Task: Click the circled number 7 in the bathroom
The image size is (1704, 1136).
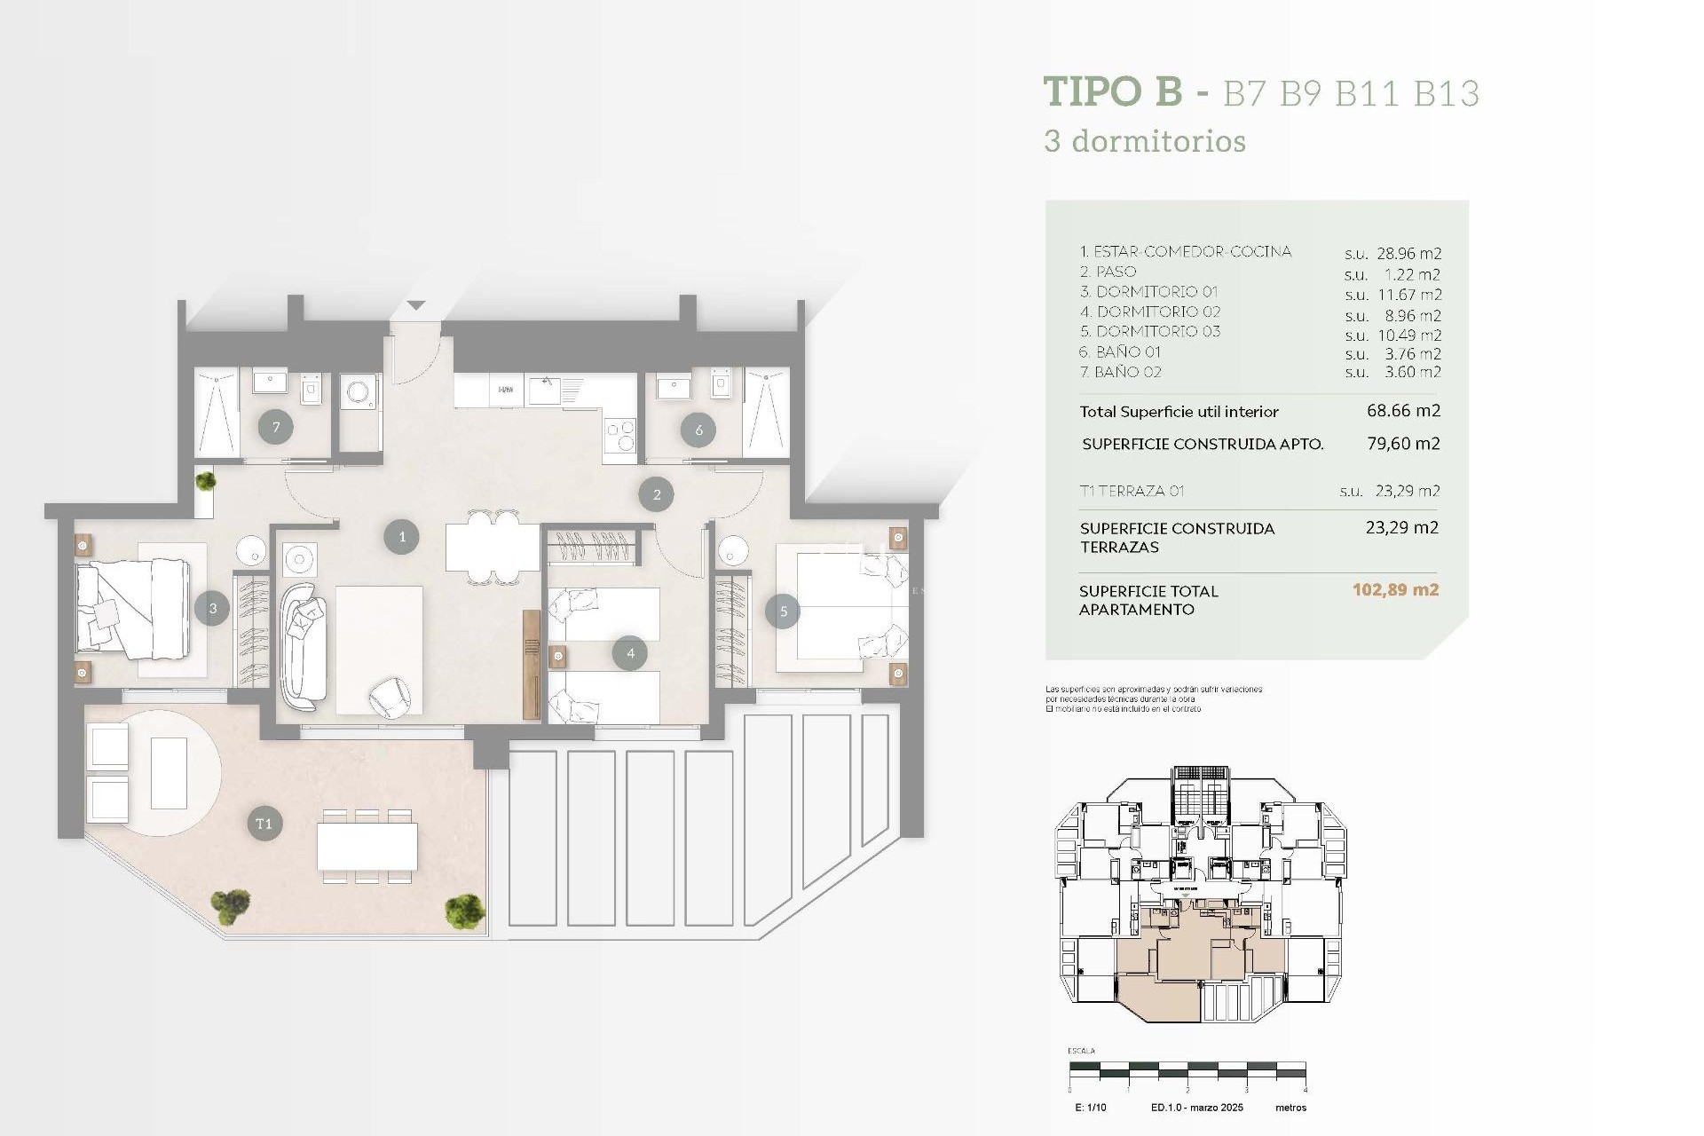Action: [x=276, y=428]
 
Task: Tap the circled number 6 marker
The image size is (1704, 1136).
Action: [x=698, y=430]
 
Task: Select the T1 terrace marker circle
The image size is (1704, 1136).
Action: [x=264, y=824]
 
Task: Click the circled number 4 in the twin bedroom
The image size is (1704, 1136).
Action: [x=630, y=653]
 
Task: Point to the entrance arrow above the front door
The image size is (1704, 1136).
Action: [x=416, y=305]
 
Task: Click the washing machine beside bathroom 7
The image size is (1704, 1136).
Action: [x=360, y=393]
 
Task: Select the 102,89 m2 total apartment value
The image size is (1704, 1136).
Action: [x=1395, y=590]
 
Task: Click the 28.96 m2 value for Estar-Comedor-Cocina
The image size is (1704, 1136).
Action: [x=1408, y=254]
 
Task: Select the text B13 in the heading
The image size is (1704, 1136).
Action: [x=1447, y=94]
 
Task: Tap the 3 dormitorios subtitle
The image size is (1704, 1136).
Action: [x=1145, y=141]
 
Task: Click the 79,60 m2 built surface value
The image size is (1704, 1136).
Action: [x=1403, y=444]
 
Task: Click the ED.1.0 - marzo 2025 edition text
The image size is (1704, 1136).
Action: [x=1196, y=1108]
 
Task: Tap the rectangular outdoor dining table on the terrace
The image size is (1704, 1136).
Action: [x=367, y=846]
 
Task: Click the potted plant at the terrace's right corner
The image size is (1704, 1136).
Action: [x=464, y=911]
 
